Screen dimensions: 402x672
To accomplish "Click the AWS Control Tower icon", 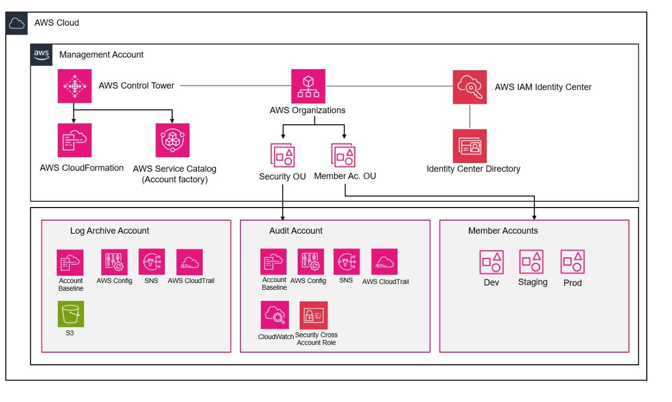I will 75,86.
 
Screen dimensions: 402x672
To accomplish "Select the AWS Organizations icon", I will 308,86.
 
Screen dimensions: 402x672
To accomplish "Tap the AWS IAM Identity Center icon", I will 469,86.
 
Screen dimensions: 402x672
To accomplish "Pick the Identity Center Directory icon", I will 469,146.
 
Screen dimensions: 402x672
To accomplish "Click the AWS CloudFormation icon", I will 75,140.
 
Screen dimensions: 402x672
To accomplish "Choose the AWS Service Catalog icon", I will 172,140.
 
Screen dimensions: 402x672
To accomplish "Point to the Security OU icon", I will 282,155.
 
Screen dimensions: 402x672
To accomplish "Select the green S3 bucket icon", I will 70,313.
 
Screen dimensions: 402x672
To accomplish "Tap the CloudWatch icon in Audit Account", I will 275,314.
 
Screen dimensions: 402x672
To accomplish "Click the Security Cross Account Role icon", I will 313,314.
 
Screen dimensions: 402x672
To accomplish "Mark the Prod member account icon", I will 572,262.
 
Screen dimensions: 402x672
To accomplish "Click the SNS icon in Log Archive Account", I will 152,262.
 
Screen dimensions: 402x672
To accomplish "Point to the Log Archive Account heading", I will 109,231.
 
